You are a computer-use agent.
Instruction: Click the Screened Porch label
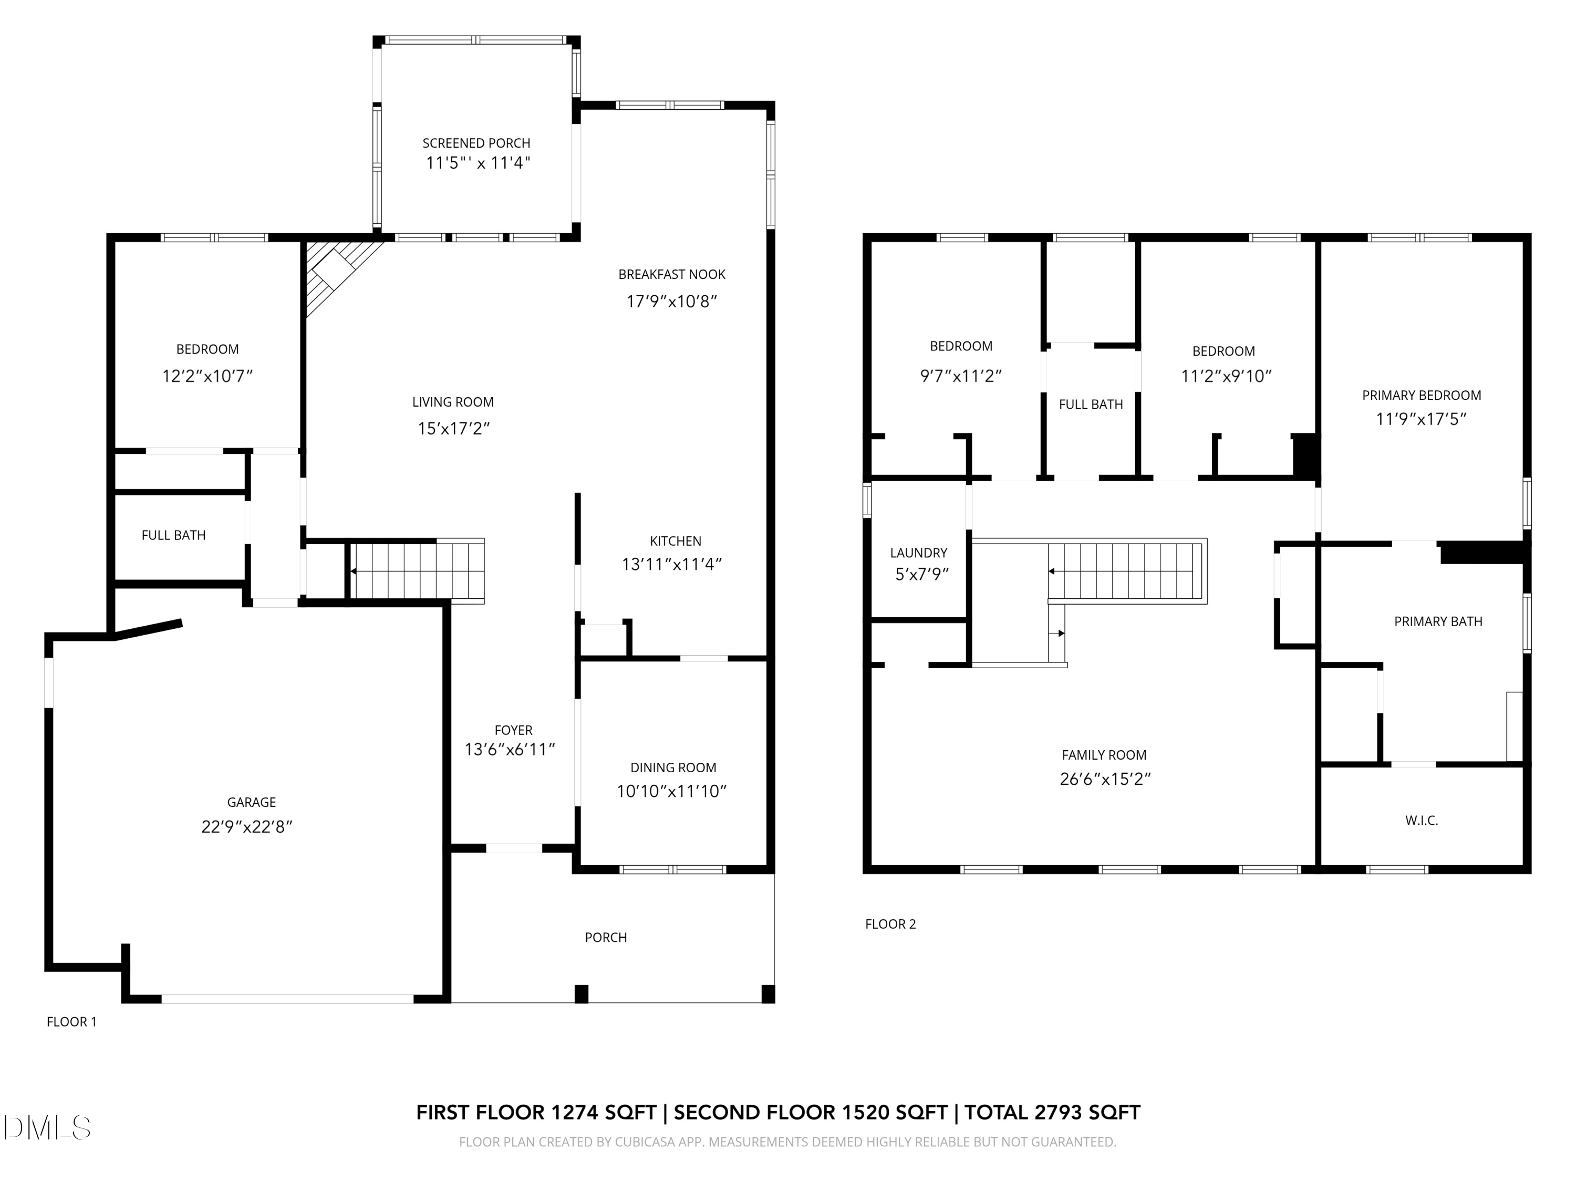476,143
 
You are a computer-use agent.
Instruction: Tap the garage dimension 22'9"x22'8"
246,826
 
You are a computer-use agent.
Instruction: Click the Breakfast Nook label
671,274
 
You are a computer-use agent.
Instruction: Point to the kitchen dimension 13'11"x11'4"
671,564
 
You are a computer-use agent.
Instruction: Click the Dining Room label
672,768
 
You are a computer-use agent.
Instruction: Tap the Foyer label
513,730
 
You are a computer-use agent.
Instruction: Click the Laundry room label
918,553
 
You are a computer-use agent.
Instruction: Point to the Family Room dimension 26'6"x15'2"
1104,779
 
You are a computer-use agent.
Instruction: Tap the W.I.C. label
1421,821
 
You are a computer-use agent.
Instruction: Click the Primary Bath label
1438,621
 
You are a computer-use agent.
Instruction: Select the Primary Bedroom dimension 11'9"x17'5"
1421,419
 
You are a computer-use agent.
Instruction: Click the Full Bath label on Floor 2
1090,405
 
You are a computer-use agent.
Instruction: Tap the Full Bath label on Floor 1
173,535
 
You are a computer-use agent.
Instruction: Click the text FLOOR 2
890,924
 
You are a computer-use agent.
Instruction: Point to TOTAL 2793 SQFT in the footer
1052,1112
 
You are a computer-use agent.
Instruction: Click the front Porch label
606,938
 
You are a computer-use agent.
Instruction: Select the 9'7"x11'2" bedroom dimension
960,376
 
